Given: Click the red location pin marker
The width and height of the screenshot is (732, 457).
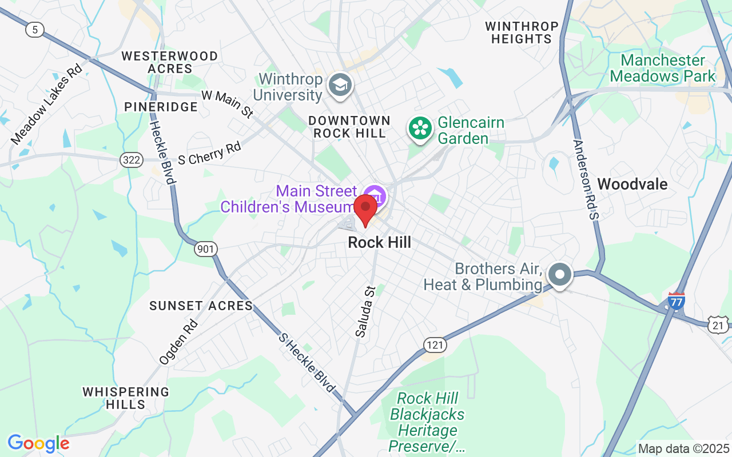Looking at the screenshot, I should (x=365, y=209).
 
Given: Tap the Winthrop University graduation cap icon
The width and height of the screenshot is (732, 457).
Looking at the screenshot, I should (x=340, y=85).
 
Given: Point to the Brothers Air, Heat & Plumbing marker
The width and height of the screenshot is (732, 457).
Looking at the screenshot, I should (x=560, y=274).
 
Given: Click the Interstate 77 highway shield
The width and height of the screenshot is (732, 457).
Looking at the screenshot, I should (x=676, y=300).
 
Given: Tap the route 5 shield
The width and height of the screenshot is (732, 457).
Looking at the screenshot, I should (x=35, y=30).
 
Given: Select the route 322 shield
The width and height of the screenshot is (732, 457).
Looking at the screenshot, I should (x=132, y=160).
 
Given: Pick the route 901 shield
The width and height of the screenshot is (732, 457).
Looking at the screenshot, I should (x=205, y=248).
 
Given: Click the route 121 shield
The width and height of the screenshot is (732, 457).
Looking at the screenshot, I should (x=435, y=344).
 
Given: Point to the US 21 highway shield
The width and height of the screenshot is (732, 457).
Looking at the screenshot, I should (x=718, y=325).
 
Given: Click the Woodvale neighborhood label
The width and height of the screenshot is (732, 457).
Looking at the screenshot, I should (x=632, y=184).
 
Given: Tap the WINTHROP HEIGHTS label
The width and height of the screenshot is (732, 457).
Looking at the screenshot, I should (x=522, y=33).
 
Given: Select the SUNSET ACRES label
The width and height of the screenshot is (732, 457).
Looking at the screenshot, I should (x=201, y=306).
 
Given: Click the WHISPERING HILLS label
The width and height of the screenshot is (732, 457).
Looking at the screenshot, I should (x=126, y=398).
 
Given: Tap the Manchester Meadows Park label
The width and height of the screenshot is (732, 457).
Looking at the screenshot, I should (x=663, y=68).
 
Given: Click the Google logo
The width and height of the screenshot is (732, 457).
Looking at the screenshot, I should (x=38, y=443).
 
